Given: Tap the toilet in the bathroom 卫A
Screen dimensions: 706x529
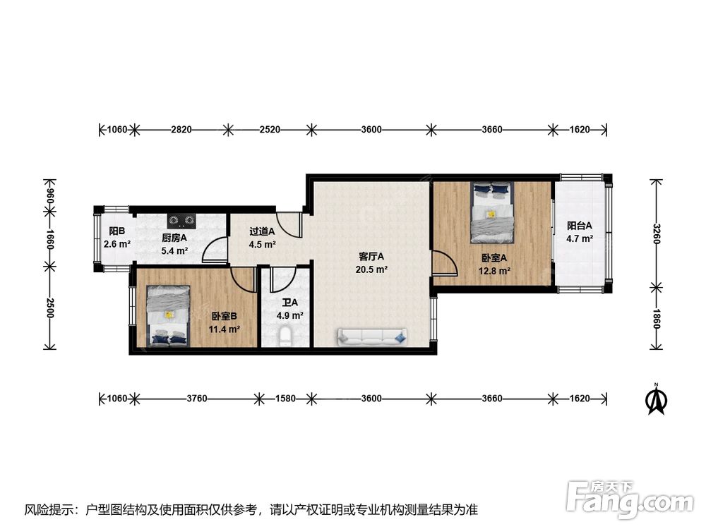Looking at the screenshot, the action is (x=285, y=336).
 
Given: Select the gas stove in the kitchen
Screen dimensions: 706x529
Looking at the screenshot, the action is (x=182, y=220).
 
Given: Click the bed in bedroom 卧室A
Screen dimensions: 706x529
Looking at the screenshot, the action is (x=493, y=212).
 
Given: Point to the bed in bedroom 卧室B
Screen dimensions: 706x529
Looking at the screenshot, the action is (x=168, y=316).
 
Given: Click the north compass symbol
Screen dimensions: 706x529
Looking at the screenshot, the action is (x=657, y=399).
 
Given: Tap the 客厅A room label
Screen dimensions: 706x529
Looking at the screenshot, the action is (x=371, y=257).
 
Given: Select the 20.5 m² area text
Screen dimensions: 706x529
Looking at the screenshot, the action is (x=371, y=270).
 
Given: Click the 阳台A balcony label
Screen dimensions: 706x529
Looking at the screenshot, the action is (x=579, y=226).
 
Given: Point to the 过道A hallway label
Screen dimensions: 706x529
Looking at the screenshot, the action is (x=262, y=231).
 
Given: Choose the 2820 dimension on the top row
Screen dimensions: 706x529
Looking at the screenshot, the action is (x=181, y=130).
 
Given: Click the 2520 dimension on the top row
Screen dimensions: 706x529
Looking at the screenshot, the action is (x=270, y=130).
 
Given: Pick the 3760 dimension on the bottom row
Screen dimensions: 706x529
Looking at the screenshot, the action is (x=197, y=398).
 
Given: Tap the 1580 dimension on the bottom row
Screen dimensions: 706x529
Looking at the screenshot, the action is (x=285, y=398).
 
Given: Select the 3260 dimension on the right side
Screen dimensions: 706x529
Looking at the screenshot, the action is (x=656, y=234).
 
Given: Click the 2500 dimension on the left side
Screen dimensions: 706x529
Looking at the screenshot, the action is (x=49, y=308).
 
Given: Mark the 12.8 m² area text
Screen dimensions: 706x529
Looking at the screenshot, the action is (x=494, y=271).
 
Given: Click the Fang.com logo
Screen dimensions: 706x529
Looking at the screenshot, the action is (x=630, y=499).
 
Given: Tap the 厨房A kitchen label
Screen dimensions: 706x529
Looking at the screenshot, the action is (x=174, y=238).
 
